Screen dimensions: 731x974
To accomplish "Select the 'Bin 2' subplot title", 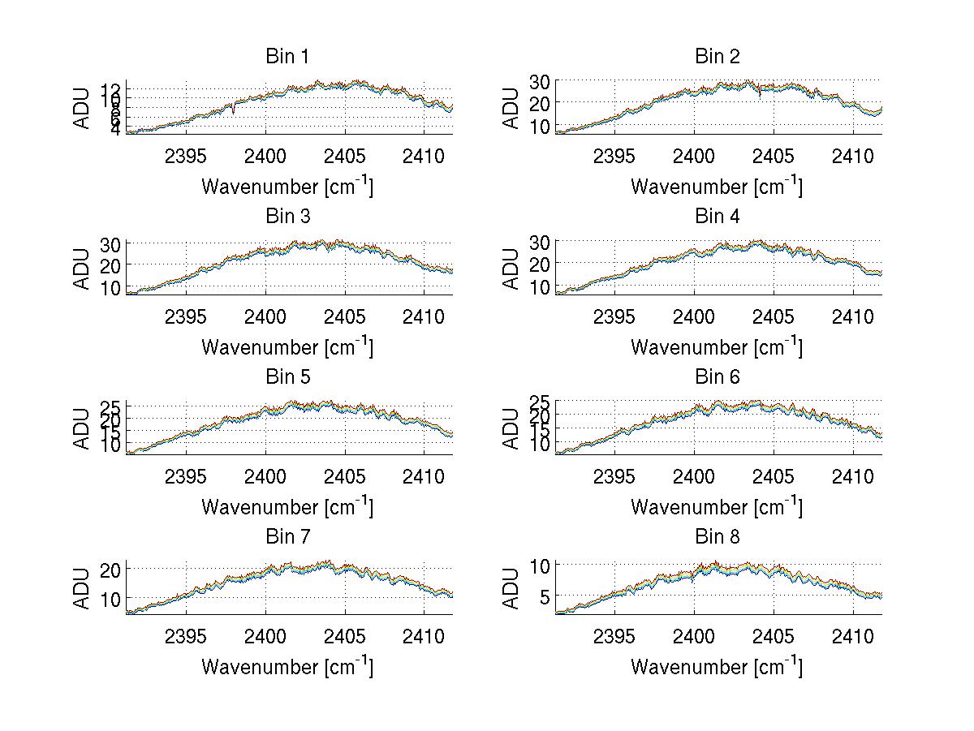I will click(717, 57).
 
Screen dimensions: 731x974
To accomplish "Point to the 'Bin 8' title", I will click(717, 537).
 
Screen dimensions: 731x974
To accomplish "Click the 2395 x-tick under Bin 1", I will click(186, 157).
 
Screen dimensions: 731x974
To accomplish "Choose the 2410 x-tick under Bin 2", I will click(852, 157).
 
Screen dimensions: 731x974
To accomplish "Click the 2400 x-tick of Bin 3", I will click(265, 316).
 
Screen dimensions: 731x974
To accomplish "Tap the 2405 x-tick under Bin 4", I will click(773, 316).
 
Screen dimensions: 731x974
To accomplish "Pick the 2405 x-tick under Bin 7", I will click(345, 637).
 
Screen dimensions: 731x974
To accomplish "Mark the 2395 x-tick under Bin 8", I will click(614, 637).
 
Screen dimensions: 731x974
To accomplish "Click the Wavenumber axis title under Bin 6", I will click(717, 508).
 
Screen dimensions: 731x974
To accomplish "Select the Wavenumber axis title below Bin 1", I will click(287, 187).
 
